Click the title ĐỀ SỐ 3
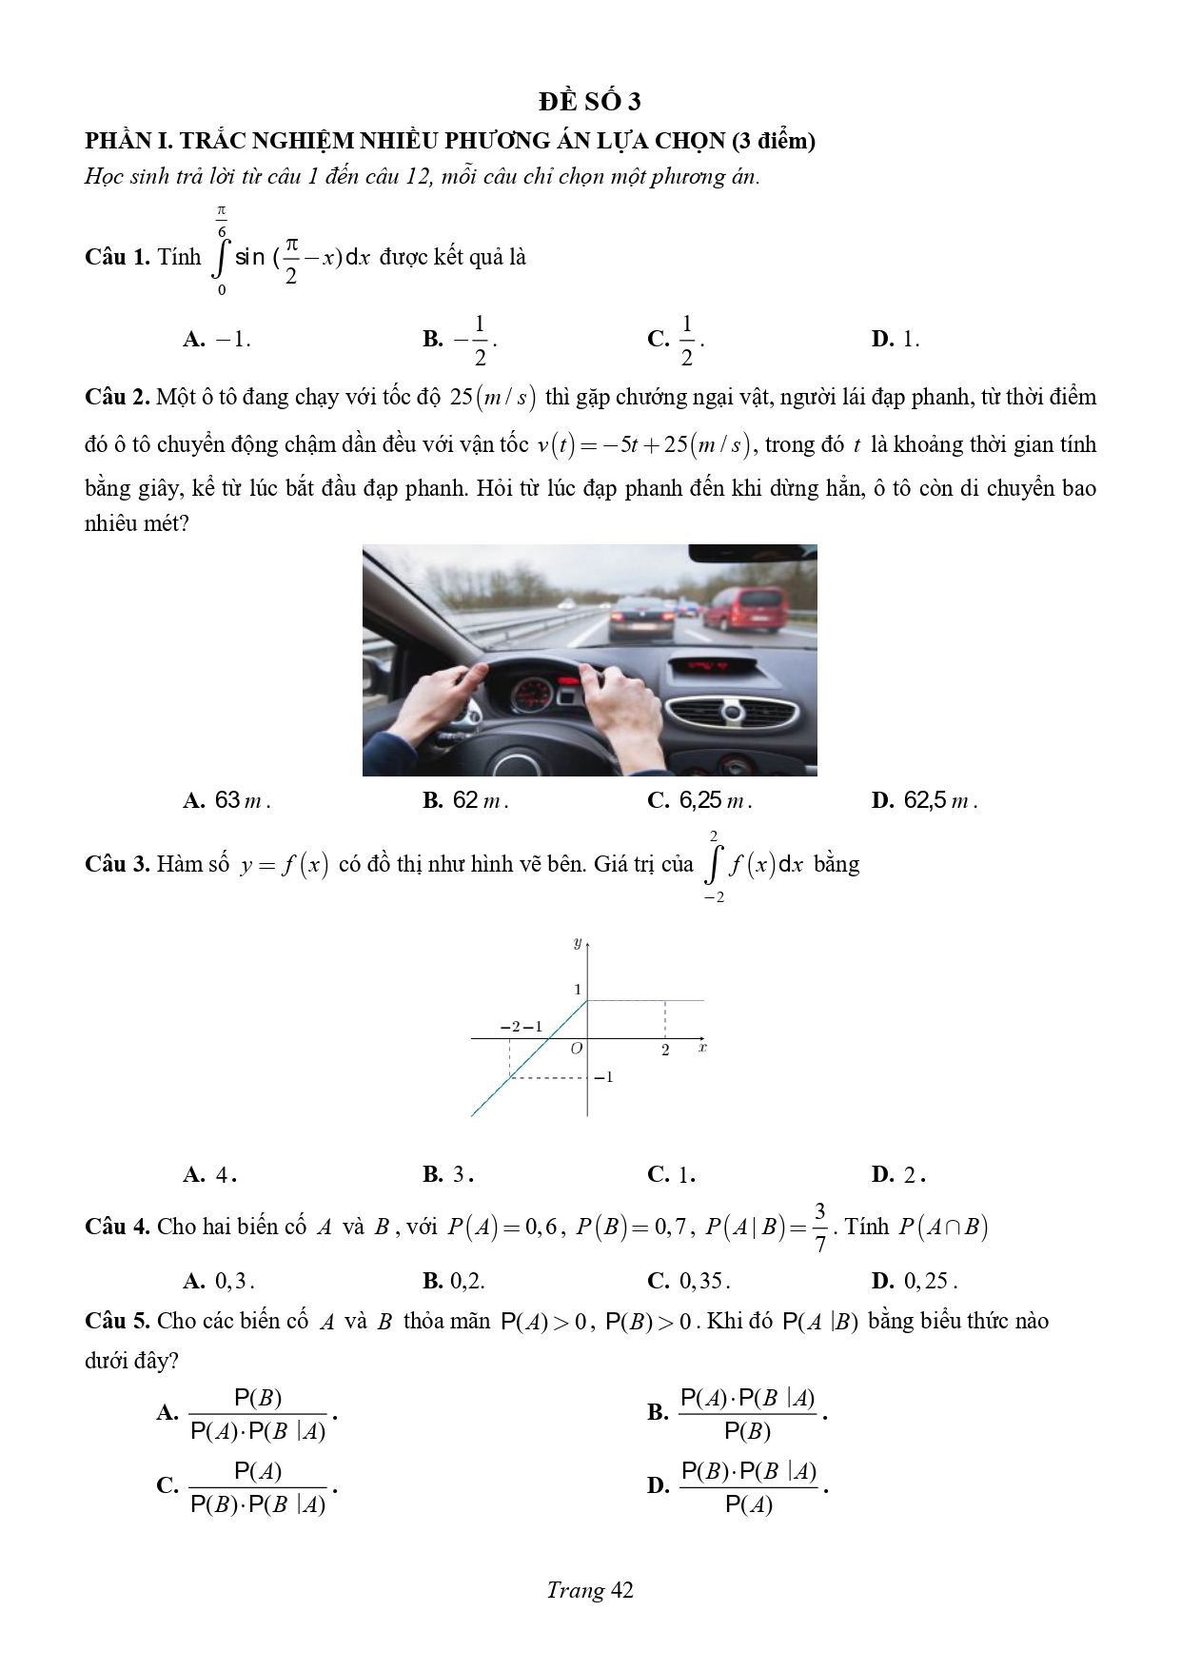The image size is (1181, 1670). coord(589,102)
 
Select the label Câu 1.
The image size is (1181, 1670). coord(117,257)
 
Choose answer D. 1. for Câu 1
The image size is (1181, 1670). coord(896,340)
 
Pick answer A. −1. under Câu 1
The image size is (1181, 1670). coord(217,340)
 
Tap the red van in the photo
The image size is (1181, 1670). coord(745,608)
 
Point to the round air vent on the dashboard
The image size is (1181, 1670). coord(731,712)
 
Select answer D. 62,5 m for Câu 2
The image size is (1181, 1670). coord(924,801)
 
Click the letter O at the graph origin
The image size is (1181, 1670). coord(576,1049)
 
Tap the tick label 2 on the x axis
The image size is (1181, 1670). coord(665,1051)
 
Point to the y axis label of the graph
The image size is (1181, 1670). coord(578,943)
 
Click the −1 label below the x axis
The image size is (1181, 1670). coord(604,1077)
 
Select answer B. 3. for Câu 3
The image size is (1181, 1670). coord(448,1175)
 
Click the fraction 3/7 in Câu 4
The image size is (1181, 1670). coord(819,1228)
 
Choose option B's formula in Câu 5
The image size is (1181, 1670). coord(747,1414)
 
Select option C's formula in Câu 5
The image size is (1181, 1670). coord(258,1487)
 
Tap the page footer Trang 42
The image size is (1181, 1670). coord(590,1590)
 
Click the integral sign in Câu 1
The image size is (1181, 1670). coord(223,257)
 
